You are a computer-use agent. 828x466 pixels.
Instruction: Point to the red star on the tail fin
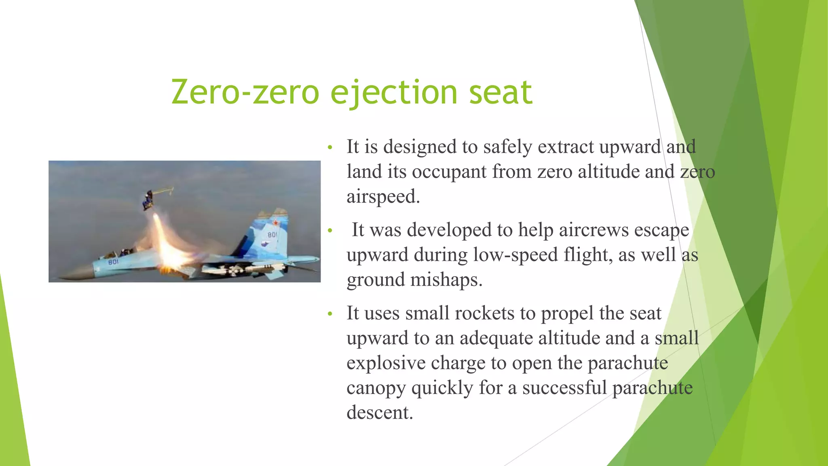(276, 222)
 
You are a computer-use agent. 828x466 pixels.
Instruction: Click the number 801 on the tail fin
(272, 235)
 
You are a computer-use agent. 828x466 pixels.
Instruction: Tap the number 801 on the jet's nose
(113, 262)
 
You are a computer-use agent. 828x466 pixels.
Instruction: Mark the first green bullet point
(330, 147)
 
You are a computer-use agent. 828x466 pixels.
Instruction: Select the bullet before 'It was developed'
(330, 231)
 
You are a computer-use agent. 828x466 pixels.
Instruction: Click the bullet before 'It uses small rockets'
(330, 314)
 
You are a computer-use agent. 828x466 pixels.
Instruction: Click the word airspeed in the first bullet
(383, 197)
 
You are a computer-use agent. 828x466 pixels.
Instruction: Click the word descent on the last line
(379, 413)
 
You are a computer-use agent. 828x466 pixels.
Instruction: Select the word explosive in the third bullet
(386, 363)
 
